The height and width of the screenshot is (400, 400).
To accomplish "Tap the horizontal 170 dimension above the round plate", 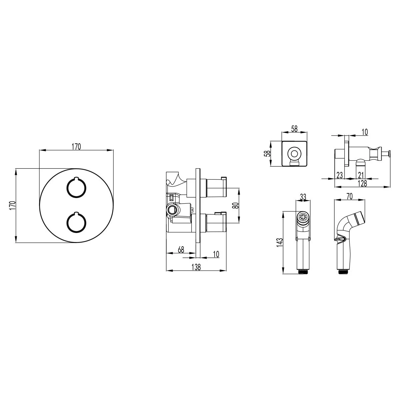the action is pos(76,147).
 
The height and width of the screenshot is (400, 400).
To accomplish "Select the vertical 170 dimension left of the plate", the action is pos(12,205).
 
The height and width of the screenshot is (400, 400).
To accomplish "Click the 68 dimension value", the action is pos(181,250).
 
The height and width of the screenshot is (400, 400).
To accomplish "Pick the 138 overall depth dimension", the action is pos(196,267).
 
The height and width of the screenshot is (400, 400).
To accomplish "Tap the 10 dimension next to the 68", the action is pos(216,254).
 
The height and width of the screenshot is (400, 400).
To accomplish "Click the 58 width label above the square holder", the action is pos(294,129).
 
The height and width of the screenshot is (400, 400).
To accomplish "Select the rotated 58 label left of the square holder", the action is pos(268,153).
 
